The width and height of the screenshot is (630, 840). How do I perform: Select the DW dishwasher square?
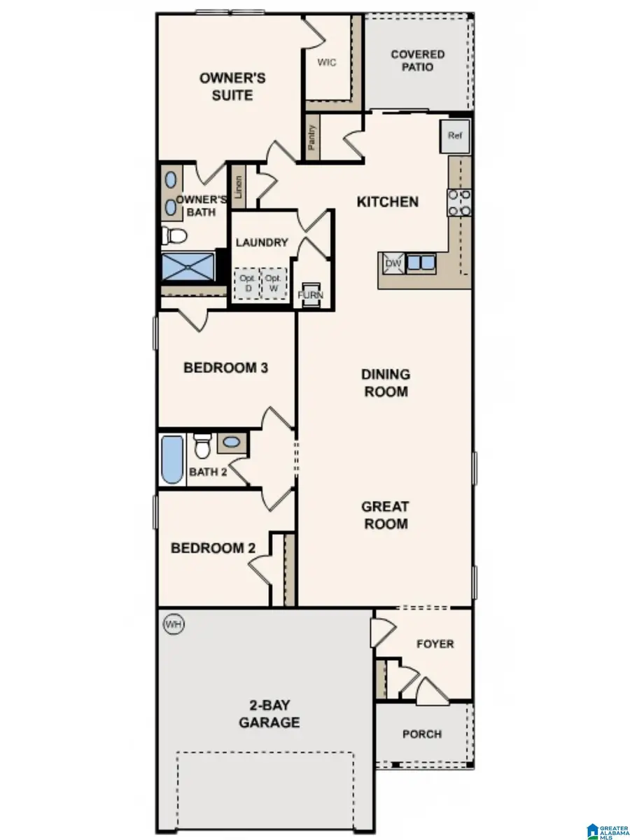click(x=391, y=264)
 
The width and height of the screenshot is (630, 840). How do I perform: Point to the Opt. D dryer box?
click(x=246, y=283)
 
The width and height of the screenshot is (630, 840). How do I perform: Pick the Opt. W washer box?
click(x=274, y=283)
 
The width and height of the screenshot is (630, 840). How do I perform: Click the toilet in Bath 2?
click(x=202, y=444)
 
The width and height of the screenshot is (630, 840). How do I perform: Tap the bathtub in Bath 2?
click(x=172, y=459)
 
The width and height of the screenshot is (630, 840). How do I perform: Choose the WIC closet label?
click(x=326, y=62)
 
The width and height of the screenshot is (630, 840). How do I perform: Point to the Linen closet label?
click(x=239, y=187)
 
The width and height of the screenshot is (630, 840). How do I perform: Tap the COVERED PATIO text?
click(x=417, y=60)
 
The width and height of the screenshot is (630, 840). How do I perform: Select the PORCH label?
click(x=422, y=734)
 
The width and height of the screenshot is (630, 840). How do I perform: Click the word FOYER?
click(x=435, y=643)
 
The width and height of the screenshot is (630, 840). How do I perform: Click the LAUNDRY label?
click(x=262, y=242)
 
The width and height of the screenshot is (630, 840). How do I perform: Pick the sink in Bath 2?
click(x=232, y=441)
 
